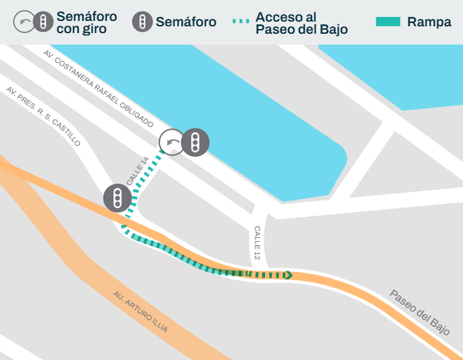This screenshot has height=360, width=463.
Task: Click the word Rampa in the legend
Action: [x=429, y=22]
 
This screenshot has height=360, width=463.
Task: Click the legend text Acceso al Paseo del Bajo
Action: [x=301, y=23]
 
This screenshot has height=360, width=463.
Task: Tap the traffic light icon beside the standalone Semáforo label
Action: [x=142, y=22]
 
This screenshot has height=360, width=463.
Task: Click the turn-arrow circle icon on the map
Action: [x=172, y=143]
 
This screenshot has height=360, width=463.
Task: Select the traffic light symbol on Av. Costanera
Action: [x=195, y=142]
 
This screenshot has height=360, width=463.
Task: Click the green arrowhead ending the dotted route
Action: [x=289, y=275]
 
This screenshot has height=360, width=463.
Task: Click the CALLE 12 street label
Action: [x=257, y=243]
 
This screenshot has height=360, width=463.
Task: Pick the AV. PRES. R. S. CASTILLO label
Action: [x=43, y=117]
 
